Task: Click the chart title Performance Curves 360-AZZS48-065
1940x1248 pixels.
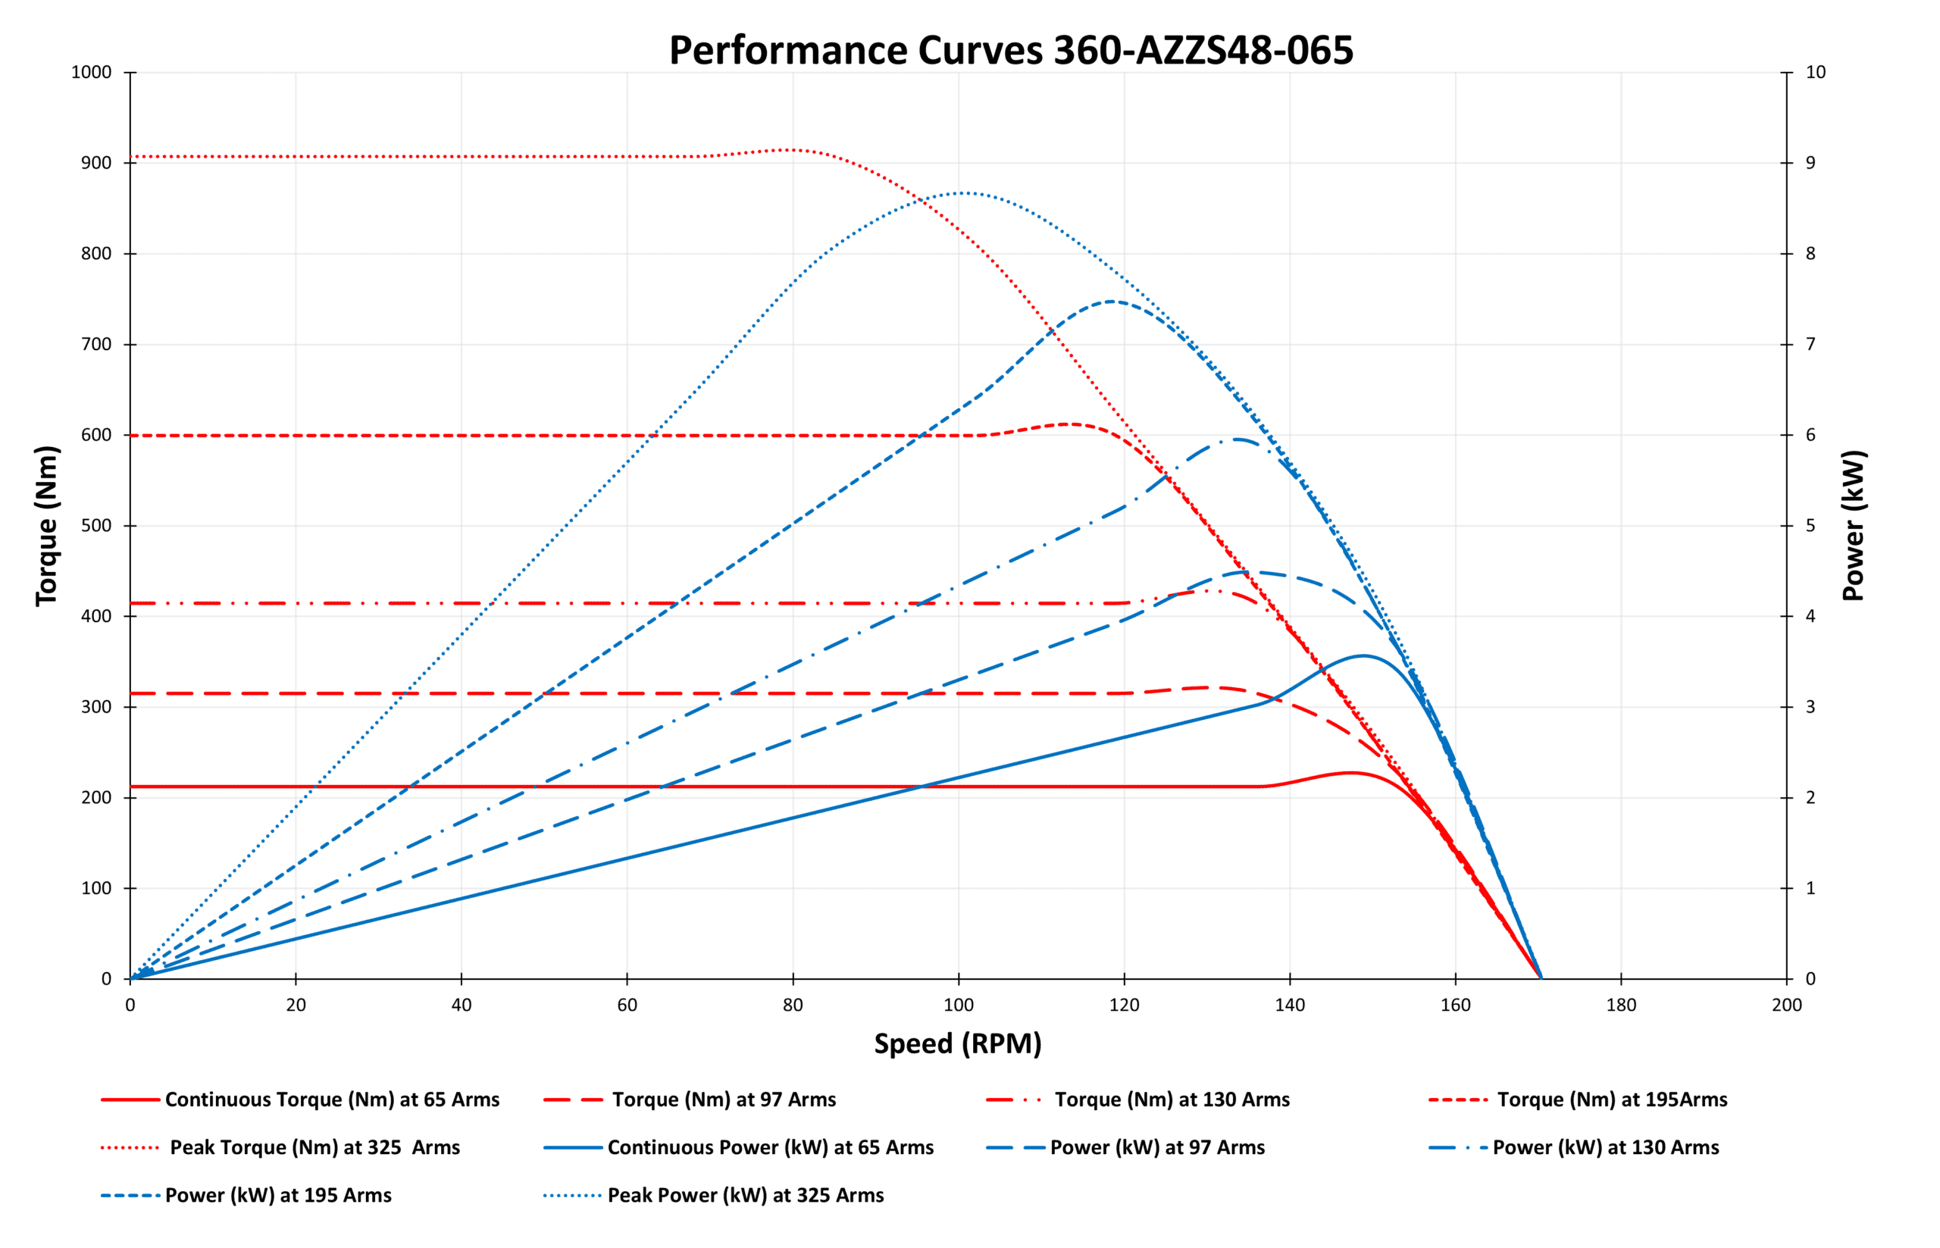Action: tap(1009, 50)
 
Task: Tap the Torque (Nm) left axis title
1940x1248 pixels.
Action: tap(46, 525)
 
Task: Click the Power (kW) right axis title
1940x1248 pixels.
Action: tap(1853, 525)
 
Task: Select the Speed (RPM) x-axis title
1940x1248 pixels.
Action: tap(957, 1043)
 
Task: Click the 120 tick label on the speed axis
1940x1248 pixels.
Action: tap(1123, 1005)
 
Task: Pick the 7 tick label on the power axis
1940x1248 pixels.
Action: tap(1810, 345)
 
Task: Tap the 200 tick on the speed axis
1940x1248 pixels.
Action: tap(1786, 1005)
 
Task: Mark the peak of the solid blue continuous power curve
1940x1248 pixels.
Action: tap(1363, 655)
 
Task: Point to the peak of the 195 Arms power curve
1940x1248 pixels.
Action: tap(1111, 302)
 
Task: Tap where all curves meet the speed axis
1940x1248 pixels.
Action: tap(1540, 978)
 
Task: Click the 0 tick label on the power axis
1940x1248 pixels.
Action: tap(1810, 979)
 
